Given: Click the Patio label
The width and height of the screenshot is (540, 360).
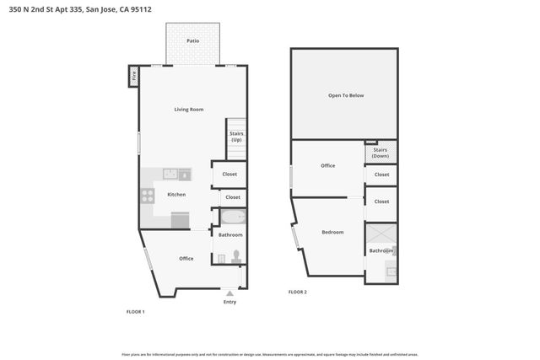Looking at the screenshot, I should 193,39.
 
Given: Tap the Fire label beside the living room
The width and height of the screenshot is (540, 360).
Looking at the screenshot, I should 133,77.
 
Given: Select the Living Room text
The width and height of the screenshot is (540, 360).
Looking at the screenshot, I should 188,110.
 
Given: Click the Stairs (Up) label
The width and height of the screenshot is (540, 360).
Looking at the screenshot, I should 236,136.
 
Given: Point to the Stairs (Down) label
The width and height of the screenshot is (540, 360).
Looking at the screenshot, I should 381,153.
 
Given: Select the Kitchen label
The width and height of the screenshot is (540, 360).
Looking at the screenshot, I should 176,195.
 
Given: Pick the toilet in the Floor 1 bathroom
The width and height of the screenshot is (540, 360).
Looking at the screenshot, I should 237,256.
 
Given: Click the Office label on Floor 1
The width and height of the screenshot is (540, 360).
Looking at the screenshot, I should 186,258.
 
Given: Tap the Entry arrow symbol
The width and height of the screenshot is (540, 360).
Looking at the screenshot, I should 229,293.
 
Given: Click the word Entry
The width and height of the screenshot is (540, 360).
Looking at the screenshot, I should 229,302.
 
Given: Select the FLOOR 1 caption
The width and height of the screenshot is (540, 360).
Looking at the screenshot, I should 135,312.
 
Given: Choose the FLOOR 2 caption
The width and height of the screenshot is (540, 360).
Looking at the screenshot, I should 297,292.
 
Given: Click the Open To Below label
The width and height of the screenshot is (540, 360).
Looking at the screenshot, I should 346,95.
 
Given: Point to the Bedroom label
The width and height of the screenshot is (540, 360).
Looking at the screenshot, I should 332,232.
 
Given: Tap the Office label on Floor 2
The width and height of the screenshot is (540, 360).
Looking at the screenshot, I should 327,165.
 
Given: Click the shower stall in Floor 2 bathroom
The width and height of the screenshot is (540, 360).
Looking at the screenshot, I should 381,234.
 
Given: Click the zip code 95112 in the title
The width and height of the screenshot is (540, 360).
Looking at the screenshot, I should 153,8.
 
